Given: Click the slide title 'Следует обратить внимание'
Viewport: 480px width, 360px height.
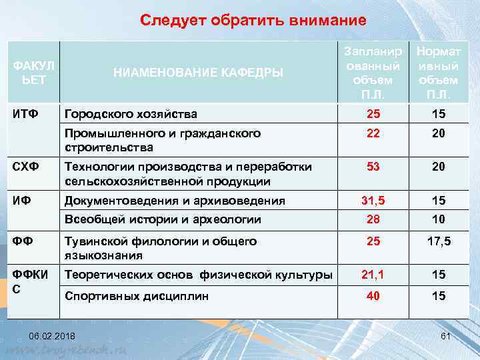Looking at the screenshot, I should coord(253,21).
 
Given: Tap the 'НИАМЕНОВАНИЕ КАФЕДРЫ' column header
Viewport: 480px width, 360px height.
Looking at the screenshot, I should coord(197,73).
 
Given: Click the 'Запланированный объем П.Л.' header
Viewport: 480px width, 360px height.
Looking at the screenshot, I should coord(373,73).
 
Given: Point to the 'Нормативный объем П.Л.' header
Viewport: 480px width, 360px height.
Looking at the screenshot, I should coord(437,73).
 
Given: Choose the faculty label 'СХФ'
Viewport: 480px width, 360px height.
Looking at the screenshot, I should coord(24,167).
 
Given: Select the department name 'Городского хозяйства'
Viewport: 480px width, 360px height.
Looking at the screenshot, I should coord(130,115).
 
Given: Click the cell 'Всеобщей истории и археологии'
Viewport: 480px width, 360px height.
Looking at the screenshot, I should coord(162,219).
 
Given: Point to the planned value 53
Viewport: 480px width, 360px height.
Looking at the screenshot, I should coord(373,167).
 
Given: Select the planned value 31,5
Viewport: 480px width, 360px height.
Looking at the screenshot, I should coord(373,200).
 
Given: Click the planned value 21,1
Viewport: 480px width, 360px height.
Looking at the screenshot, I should coord(373,274).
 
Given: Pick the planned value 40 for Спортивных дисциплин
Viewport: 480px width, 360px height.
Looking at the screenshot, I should coord(373,296).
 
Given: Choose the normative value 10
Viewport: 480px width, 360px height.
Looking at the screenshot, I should coord(437,219).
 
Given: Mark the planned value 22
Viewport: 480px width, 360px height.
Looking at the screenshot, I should coord(373,133).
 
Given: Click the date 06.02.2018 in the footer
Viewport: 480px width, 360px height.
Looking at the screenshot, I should coord(52,335).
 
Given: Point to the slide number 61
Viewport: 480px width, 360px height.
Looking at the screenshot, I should coord(446,335).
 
